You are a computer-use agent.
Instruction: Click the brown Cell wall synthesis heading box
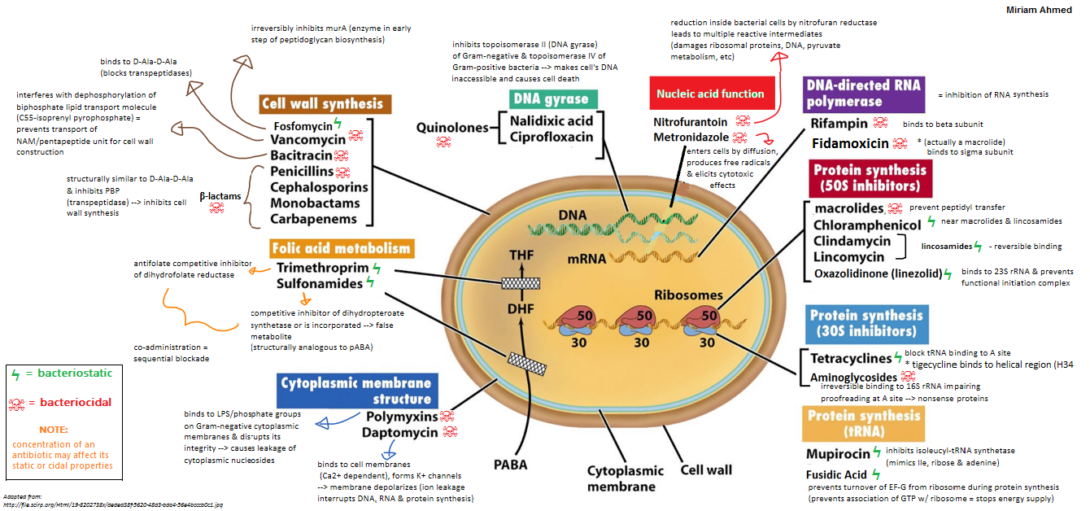tap(322, 103)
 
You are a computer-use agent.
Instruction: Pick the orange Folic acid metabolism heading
tap(342, 247)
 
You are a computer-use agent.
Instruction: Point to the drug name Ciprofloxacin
tap(552, 137)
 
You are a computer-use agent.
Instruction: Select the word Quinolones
tap(451, 128)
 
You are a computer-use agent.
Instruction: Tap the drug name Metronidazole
tap(691, 137)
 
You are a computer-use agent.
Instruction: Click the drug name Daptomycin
tap(399, 432)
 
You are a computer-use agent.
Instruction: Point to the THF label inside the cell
tap(521, 254)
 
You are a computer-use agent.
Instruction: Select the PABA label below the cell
tap(510, 465)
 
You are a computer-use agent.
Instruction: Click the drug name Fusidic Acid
tap(836, 474)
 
